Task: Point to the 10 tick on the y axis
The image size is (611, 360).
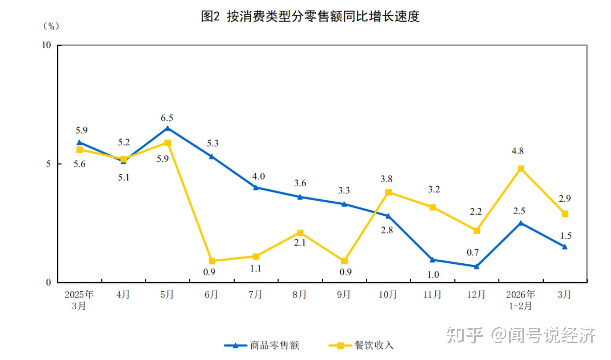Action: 47,45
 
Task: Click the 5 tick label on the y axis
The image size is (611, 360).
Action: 48,164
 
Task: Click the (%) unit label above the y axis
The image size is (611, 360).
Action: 51,26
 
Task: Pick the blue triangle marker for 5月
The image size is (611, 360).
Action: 168,128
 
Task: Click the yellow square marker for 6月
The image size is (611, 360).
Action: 212,261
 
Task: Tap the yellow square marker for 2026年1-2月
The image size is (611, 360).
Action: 521,169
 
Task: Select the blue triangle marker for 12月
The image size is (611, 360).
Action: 476,266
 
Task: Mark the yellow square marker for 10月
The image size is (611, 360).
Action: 388,192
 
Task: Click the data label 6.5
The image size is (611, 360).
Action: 167,118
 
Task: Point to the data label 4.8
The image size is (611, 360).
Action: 517,151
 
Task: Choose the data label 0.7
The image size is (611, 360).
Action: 473,252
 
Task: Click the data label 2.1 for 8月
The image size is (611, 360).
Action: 300,243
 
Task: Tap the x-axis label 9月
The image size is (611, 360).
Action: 344,295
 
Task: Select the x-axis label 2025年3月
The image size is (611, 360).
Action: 79,300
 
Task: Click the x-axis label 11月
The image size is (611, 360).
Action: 432,295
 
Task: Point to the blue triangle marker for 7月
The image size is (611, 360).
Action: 256,188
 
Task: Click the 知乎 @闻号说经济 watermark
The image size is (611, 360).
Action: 521,335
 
